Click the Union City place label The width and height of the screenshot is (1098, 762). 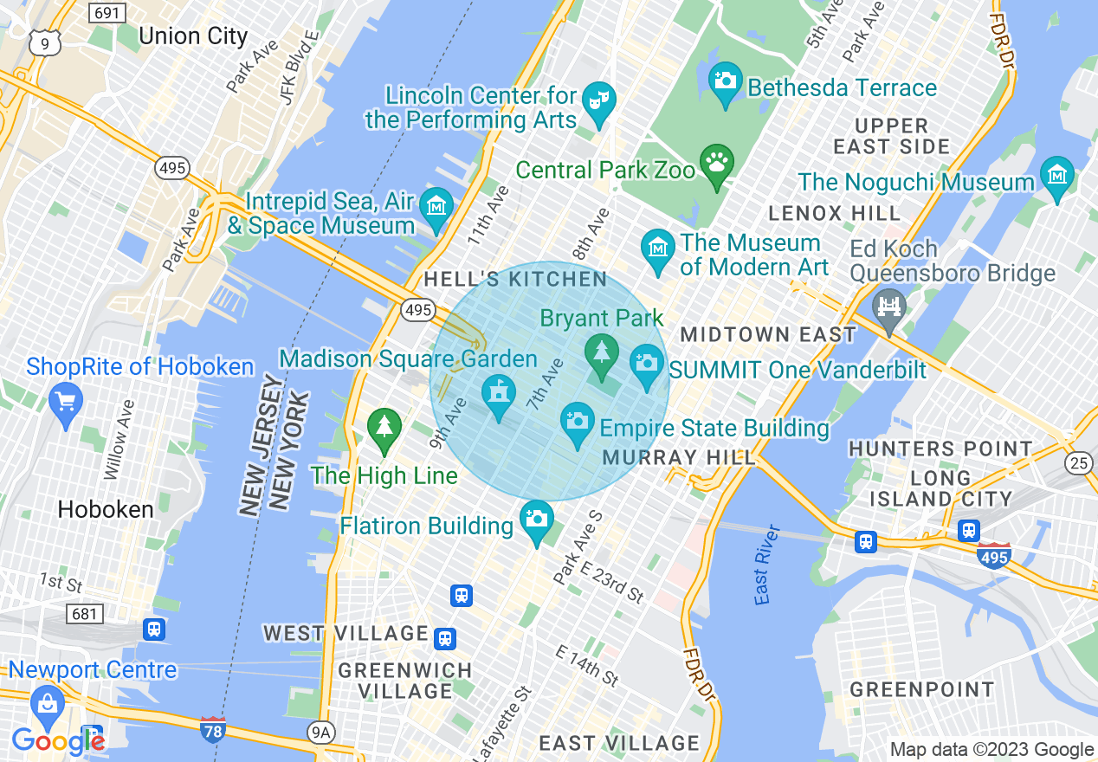(192, 36)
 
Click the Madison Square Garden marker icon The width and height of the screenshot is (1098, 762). (498, 395)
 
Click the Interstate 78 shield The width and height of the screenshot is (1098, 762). (213, 728)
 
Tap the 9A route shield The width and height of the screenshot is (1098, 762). (320, 733)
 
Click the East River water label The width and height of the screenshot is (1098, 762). (763, 565)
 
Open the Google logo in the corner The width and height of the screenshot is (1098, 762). (57, 740)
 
